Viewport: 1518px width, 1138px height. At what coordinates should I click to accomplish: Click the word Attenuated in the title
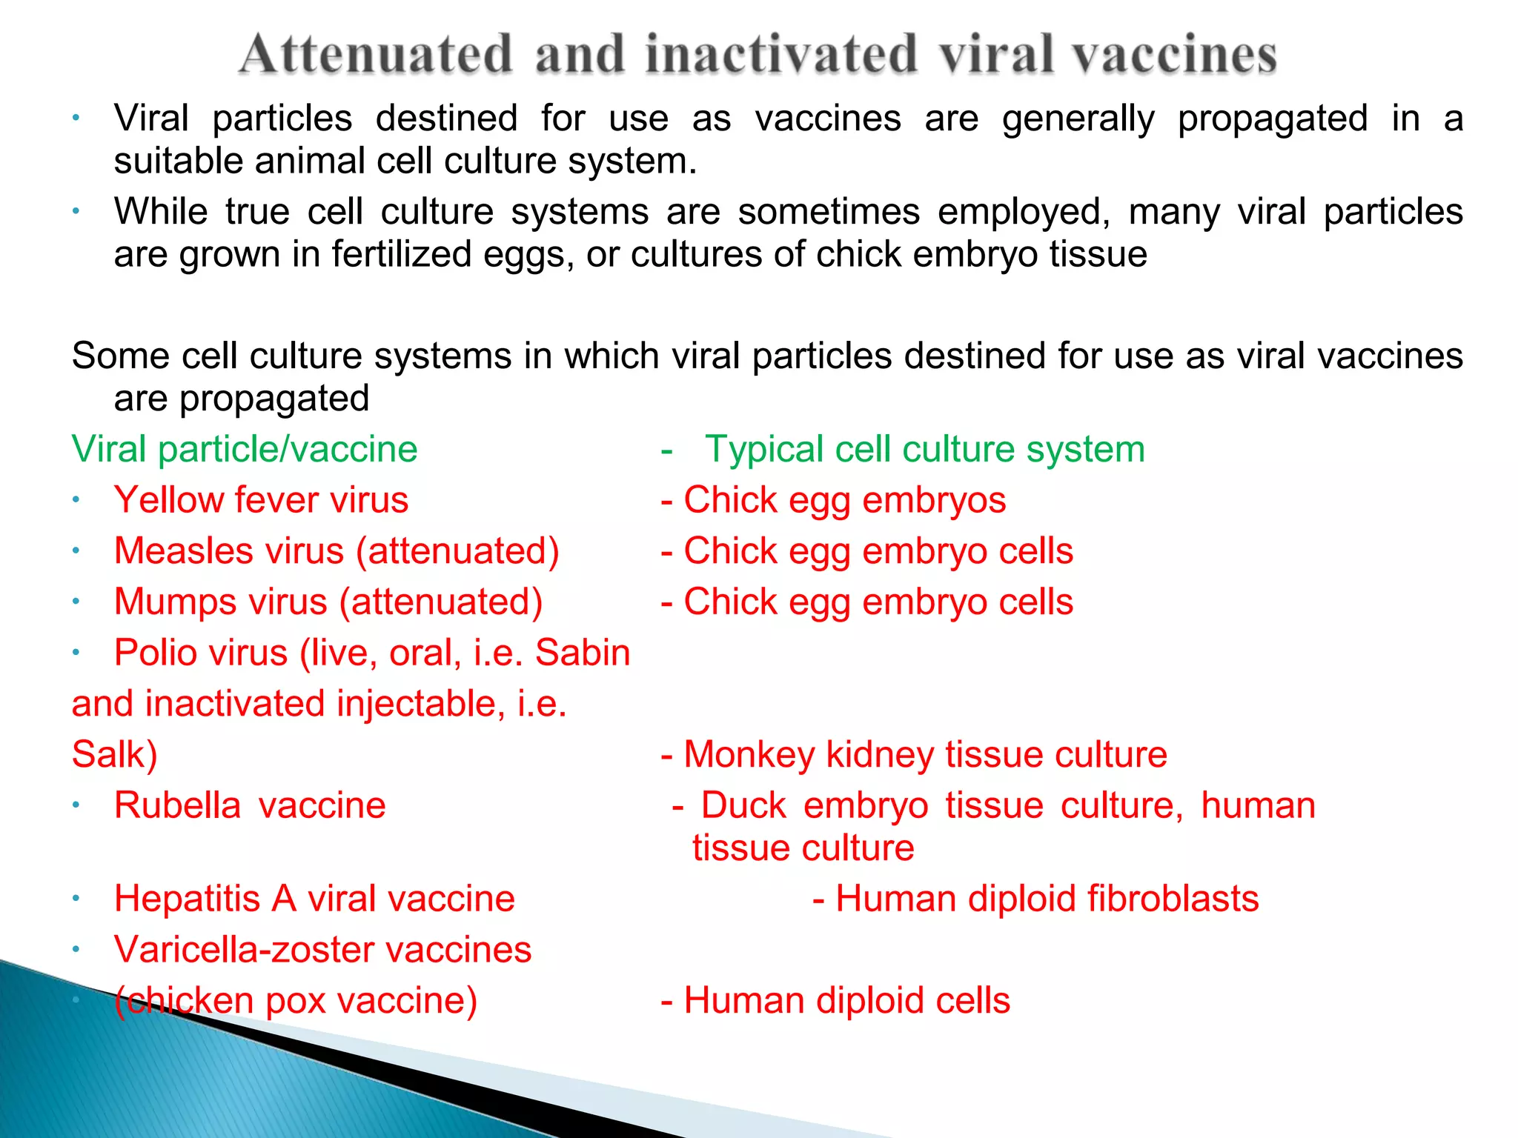377,54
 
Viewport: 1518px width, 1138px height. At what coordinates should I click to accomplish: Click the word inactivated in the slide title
781,54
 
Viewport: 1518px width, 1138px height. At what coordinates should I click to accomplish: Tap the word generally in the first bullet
1078,119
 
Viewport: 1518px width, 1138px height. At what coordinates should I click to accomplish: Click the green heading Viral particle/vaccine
245,449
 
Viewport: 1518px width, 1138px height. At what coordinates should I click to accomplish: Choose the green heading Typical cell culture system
924,449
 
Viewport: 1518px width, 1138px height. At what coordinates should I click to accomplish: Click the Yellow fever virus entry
261,500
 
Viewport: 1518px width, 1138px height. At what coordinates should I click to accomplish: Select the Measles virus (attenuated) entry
337,551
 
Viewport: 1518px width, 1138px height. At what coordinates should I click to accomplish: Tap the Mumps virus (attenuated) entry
328,602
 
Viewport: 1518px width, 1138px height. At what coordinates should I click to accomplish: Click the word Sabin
583,653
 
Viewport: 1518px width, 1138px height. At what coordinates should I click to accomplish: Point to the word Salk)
114,755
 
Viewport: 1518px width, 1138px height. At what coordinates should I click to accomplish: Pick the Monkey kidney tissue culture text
924,755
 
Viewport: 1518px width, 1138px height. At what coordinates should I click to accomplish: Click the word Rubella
177,805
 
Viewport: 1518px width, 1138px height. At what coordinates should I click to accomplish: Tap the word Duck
743,805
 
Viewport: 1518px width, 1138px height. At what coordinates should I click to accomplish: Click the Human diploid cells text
846,1001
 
